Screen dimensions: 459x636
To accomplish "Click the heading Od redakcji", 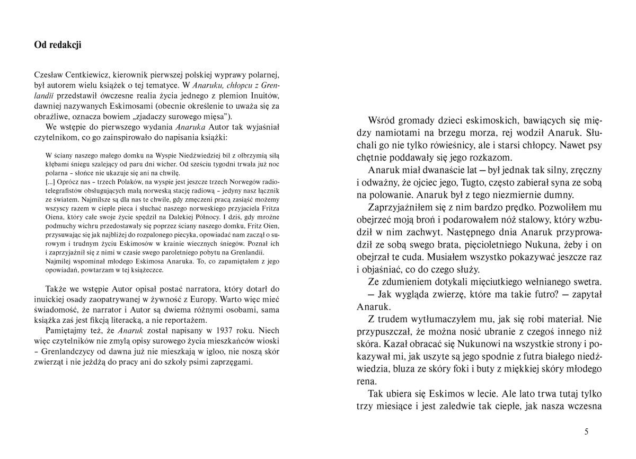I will [58, 45].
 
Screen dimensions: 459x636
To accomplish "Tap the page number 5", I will [587, 431].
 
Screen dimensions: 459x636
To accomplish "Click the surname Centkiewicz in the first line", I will [80, 75].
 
